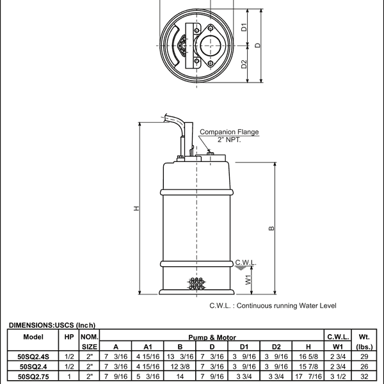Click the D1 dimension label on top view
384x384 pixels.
coord(244,28)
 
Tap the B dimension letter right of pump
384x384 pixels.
coord(271,228)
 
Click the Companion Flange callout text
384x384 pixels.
coord(229,132)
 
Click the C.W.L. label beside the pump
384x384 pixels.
coord(246,262)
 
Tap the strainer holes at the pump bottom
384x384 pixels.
coord(196,282)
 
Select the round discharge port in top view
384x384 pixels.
coord(211,45)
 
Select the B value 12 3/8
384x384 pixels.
coord(180,367)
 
